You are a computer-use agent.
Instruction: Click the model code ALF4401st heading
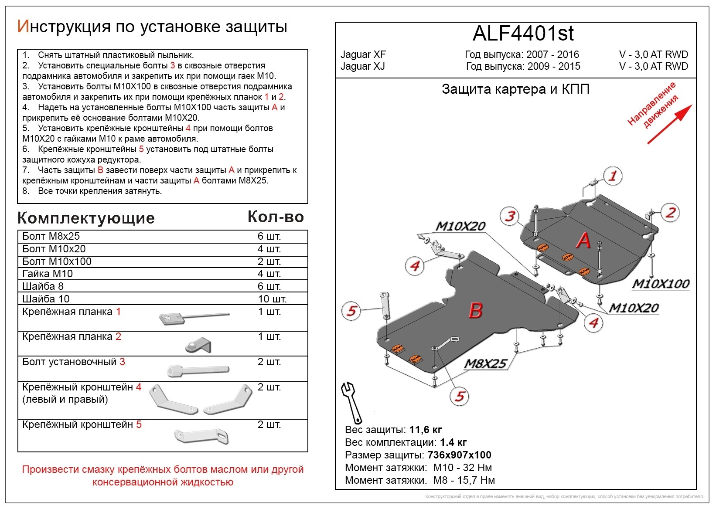(x=523, y=34)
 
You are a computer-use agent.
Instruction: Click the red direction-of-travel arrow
(x=669, y=124)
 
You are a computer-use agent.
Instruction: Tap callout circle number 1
(x=613, y=176)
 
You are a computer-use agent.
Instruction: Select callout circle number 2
(x=670, y=213)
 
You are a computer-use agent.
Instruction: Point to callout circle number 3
(x=510, y=216)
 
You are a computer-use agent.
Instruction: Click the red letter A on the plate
(x=583, y=241)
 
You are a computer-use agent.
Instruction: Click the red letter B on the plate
(x=475, y=311)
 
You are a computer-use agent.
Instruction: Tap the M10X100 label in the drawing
(x=661, y=284)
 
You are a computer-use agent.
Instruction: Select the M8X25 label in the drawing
(x=486, y=363)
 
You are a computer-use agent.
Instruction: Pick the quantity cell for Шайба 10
(x=272, y=299)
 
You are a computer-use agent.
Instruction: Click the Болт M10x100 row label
(x=57, y=261)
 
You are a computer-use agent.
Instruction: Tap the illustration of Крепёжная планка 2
(x=198, y=345)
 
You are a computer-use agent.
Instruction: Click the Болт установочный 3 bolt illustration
(x=198, y=370)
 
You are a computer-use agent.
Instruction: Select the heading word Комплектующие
(x=86, y=218)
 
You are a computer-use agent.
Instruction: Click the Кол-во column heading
(x=276, y=217)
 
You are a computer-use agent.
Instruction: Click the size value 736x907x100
(x=459, y=455)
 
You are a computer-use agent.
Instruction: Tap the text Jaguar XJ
(x=362, y=66)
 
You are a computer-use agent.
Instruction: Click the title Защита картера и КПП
(x=515, y=89)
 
